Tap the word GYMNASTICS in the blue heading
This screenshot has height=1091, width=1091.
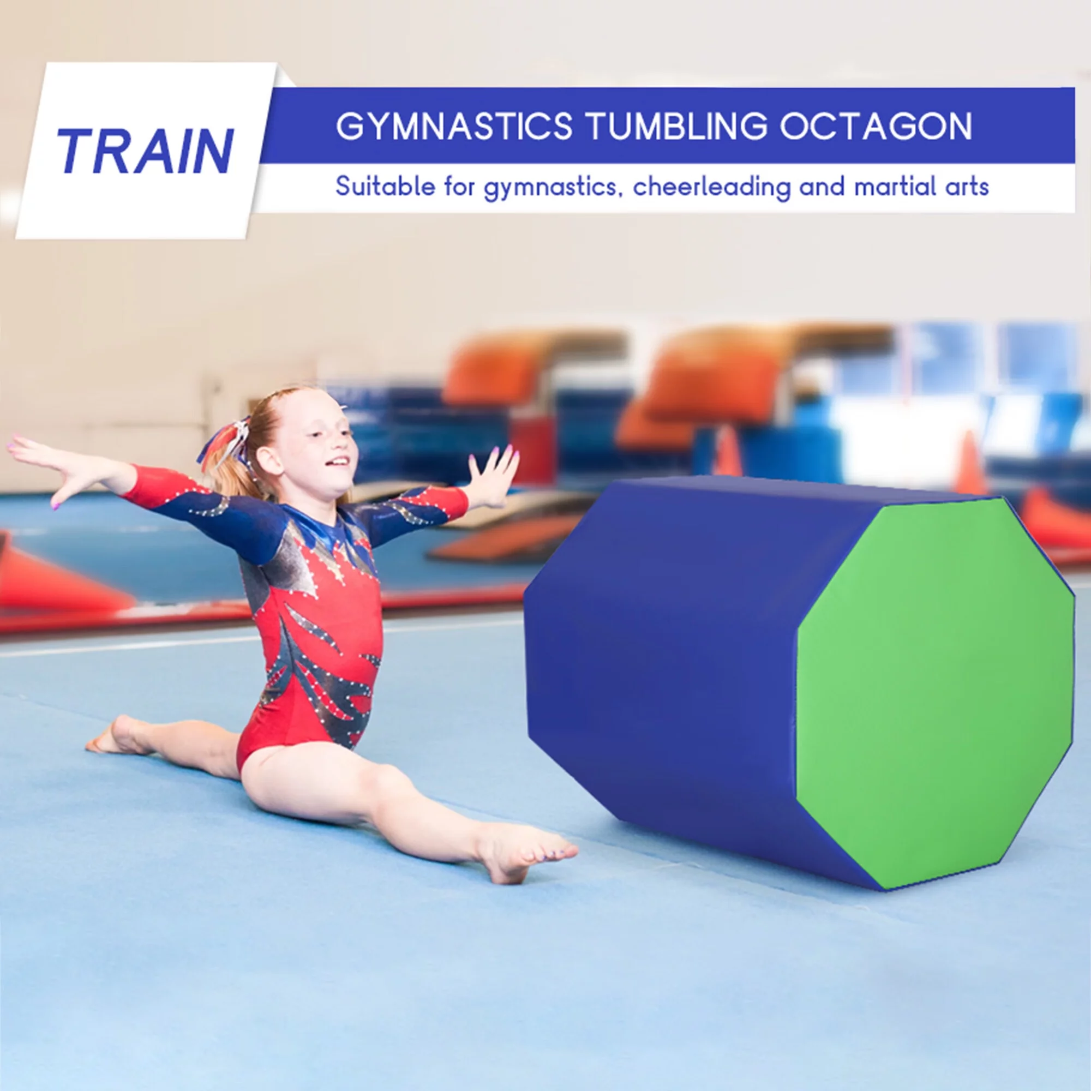(x=453, y=126)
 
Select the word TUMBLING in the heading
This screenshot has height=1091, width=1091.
(x=677, y=126)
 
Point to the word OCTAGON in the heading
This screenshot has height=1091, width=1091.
(x=876, y=126)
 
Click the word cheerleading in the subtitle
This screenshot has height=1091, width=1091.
(x=711, y=187)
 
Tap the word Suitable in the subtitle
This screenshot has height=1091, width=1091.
(x=385, y=187)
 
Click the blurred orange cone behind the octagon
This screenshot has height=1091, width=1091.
(x=728, y=452)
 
